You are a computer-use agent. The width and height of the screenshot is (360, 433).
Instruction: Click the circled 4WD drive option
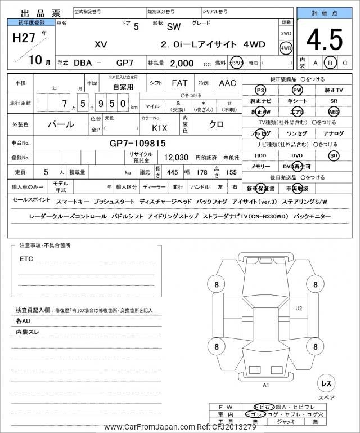click(x=286, y=48)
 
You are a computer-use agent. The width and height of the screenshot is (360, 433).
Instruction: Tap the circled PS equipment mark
click(x=260, y=91)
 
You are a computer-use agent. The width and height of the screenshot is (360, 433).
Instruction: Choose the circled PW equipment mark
click(x=296, y=91)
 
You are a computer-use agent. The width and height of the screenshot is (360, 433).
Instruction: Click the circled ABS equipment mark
click(x=334, y=111)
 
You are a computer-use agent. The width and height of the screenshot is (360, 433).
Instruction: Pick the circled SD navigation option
click(x=334, y=155)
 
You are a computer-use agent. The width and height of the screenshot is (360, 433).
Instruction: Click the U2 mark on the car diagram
click(x=299, y=308)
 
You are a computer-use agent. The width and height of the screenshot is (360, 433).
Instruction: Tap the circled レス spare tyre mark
click(x=326, y=383)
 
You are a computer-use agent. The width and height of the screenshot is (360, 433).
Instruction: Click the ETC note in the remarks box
click(x=26, y=259)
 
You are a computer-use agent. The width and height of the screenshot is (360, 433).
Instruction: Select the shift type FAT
click(x=179, y=83)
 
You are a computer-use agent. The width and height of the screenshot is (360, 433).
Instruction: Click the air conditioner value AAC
click(x=227, y=83)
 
